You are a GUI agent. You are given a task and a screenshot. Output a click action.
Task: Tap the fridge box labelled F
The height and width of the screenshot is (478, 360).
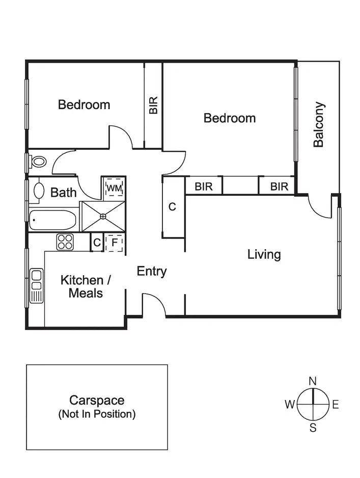point(114,243)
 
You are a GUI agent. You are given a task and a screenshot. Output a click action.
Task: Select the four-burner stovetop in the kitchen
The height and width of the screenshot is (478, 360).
point(65,242)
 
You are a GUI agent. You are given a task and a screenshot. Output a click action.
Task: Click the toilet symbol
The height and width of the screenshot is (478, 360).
point(38,162)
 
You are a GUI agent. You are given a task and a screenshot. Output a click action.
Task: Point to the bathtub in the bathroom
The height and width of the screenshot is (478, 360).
point(53,220)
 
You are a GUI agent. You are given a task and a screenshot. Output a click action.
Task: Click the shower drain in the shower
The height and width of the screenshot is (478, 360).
point(103,217)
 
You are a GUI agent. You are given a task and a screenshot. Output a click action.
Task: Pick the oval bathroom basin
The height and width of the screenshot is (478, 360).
point(39,190)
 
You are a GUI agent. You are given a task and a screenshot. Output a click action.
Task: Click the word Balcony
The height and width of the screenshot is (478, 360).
point(319,125)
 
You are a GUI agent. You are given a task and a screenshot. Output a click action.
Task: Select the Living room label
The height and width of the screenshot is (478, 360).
point(264,254)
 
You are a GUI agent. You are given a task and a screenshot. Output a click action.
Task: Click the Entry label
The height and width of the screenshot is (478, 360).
point(152,272)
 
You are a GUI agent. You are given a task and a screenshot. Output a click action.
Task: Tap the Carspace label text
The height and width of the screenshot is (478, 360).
point(97,401)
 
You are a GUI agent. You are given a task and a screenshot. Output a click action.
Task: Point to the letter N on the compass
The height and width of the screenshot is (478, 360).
point(313,381)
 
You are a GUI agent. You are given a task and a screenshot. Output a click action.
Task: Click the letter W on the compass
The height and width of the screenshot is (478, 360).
point(289,405)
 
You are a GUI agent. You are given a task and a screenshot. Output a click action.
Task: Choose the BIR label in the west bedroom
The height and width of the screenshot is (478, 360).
point(153,105)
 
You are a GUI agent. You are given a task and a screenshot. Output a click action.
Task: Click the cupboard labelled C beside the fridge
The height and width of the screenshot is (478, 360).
point(97,243)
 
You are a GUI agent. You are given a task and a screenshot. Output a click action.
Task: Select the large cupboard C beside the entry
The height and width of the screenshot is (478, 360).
point(172,207)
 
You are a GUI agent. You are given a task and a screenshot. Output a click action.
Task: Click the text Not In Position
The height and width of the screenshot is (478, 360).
point(97,414)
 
